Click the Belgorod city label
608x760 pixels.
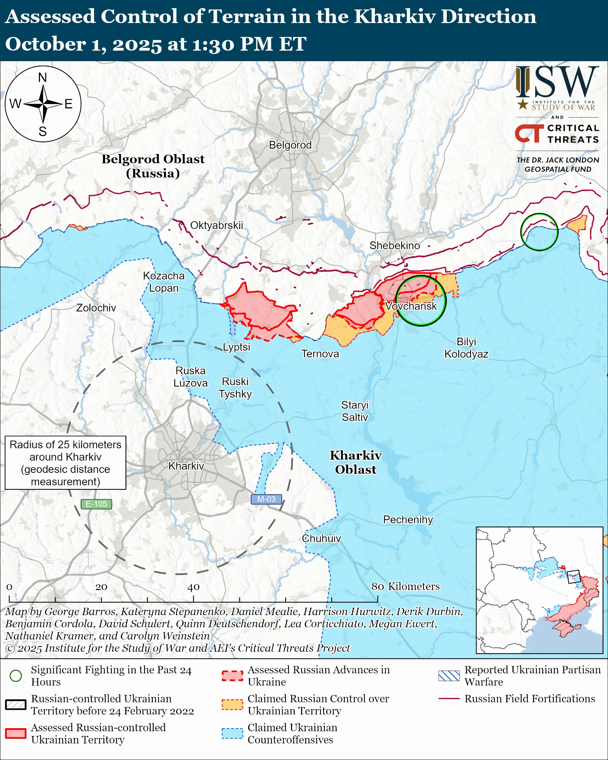(x=290, y=145)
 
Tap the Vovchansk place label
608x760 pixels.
(x=411, y=306)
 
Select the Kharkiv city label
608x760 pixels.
(x=186, y=466)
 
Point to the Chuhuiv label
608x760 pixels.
(x=321, y=538)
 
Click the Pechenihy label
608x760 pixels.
(x=408, y=520)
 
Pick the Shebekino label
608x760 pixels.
(x=394, y=245)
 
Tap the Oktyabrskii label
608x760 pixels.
(x=216, y=225)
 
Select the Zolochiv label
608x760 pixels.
(x=96, y=308)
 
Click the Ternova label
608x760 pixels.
(x=320, y=354)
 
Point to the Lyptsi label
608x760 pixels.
(x=236, y=347)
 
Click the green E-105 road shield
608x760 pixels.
(x=96, y=504)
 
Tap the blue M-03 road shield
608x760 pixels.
(x=266, y=499)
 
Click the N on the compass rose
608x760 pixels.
(x=43, y=78)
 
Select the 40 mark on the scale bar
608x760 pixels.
(x=193, y=587)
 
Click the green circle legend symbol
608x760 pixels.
(x=16, y=676)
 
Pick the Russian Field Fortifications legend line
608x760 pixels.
(x=449, y=698)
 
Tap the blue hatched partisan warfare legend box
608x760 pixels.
(x=449, y=676)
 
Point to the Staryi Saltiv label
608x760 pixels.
(x=355, y=411)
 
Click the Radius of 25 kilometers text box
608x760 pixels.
(x=66, y=463)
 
